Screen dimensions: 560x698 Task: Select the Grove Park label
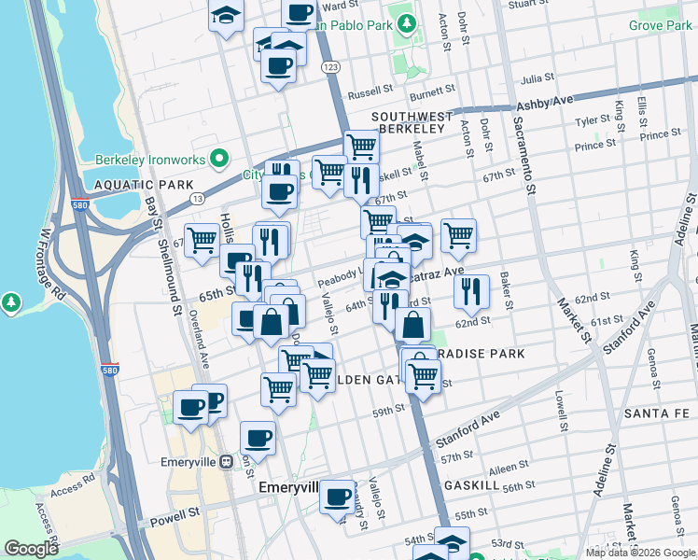coord(660,26)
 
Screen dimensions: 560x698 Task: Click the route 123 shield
coord(328,67)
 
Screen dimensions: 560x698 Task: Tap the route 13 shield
coord(198,199)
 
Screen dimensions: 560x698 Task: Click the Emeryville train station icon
coord(226,461)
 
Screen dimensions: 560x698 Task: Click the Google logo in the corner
coord(31,549)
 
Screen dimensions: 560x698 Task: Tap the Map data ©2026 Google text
coord(639,553)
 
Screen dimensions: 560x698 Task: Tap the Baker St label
coord(505,290)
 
